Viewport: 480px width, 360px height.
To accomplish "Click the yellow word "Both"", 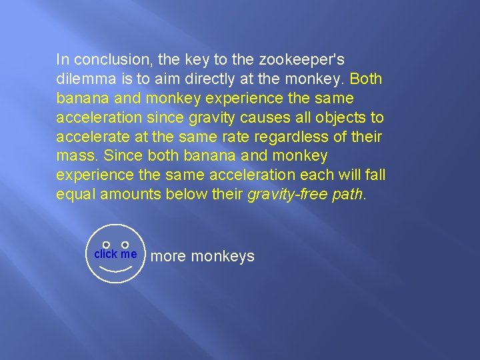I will (x=366, y=79).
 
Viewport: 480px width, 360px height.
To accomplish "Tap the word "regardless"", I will (x=285, y=137).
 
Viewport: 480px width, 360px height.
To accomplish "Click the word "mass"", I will (x=73, y=156).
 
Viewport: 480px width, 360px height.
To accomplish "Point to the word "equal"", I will (x=75, y=195).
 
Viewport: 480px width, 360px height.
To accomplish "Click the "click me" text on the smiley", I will (x=115, y=254).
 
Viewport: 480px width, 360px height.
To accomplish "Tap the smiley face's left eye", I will (x=106, y=245).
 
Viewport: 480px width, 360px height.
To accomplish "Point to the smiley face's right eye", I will (x=125, y=245).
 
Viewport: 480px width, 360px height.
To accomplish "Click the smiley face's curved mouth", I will (x=115, y=270).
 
